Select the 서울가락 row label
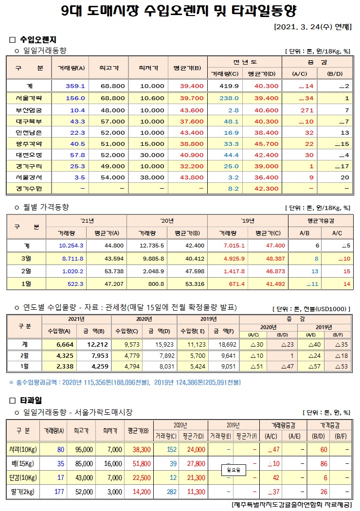pyautogui.click(x=29, y=98)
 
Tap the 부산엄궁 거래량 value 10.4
pyautogui.click(x=77, y=110)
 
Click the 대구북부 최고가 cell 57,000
pyautogui.click(x=112, y=121)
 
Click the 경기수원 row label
pyautogui.click(x=29, y=188)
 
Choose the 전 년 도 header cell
pyautogui.click(x=245, y=62)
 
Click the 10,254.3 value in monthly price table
pyautogui.click(x=71, y=246)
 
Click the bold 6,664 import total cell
pyautogui.click(x=64, y=344)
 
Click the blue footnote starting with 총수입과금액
pyautogui.click(x=125, y=383)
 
